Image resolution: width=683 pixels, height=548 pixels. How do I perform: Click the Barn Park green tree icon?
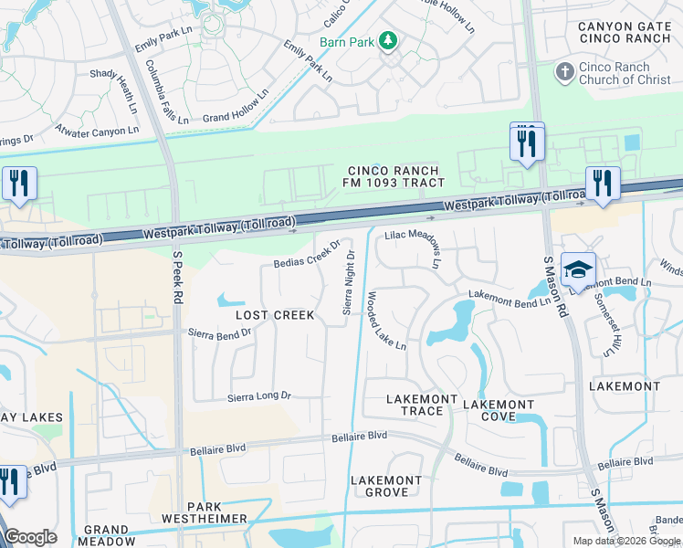coord(388,41)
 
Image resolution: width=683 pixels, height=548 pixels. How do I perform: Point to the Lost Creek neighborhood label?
coord(275,315)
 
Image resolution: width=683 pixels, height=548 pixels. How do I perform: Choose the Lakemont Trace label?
coord(415,405)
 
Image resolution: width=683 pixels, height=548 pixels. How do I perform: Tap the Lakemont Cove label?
coord(499,410)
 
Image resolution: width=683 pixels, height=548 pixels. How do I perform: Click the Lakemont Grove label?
coord(386,486)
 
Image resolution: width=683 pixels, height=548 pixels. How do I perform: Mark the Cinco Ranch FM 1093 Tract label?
coord(393,177)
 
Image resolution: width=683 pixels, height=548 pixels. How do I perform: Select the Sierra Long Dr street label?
coord(258,396)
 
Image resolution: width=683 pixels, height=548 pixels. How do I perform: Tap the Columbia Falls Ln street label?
coord(166,92)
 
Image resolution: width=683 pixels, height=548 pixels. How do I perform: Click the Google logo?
coord(31,537)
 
